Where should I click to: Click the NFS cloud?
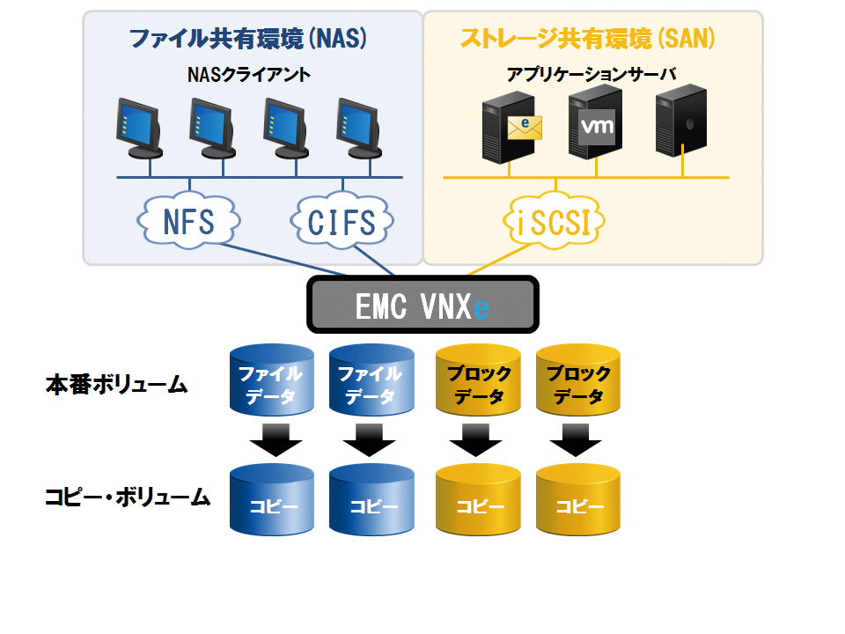pos(188,221)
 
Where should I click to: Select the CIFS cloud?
pos(342,221)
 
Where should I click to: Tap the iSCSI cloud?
pos(554,221)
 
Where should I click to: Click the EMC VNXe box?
pos(422,305)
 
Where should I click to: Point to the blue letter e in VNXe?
pos(481,308)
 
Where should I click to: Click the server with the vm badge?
pos(596,123)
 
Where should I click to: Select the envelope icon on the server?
pos(525,128)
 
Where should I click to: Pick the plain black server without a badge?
pos(680,121)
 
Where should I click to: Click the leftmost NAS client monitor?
pos(139,129)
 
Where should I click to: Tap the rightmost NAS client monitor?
pos(359,129)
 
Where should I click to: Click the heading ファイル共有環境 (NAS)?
pos(248,39)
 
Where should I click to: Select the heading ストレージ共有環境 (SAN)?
pos(587,39)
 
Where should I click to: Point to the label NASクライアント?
pos(248,74)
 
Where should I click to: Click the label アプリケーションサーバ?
pos(591,74)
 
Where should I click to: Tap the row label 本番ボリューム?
pos(116,385)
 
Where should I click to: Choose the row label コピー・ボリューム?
pos(127,497)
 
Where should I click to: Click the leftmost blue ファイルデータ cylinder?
pos(272,380)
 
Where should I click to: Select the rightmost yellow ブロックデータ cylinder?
pos(578,380)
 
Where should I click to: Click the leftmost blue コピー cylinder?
pos(272,500)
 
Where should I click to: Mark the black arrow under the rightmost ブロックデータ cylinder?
pos(576,439)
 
